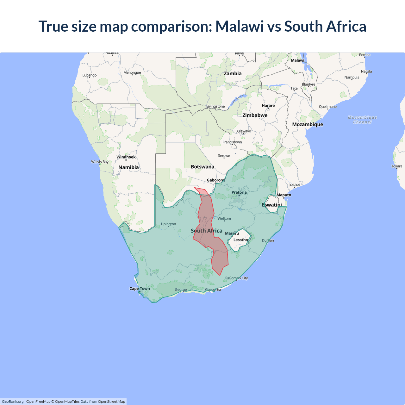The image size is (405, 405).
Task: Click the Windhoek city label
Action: (126, 157)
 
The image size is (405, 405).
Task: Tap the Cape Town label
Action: (140, 289)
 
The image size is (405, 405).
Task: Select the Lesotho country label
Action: (240, 240)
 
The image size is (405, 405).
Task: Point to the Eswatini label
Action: (272, 205)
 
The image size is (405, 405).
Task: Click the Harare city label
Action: (268, 106)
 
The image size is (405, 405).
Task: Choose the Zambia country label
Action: (233, 73)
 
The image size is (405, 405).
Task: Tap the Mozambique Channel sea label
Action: (362, 120)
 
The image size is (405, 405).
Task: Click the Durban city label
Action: (268, 240)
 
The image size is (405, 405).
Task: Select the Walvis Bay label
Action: (100, 162)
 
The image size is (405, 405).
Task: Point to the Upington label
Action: (168, 224)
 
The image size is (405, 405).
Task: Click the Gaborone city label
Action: (216, 180)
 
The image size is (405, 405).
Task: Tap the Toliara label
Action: (396, 166)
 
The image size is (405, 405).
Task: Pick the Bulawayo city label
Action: (243, 131)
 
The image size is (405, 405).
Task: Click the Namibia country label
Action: (128, 167)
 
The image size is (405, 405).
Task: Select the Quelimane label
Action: (328, 107)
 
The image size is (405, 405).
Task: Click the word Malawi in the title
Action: (240, 26)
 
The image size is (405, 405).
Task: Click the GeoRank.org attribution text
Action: (13, 402)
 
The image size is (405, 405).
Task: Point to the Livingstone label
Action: (215, 106)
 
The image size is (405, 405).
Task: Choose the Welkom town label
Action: (224, 219)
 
